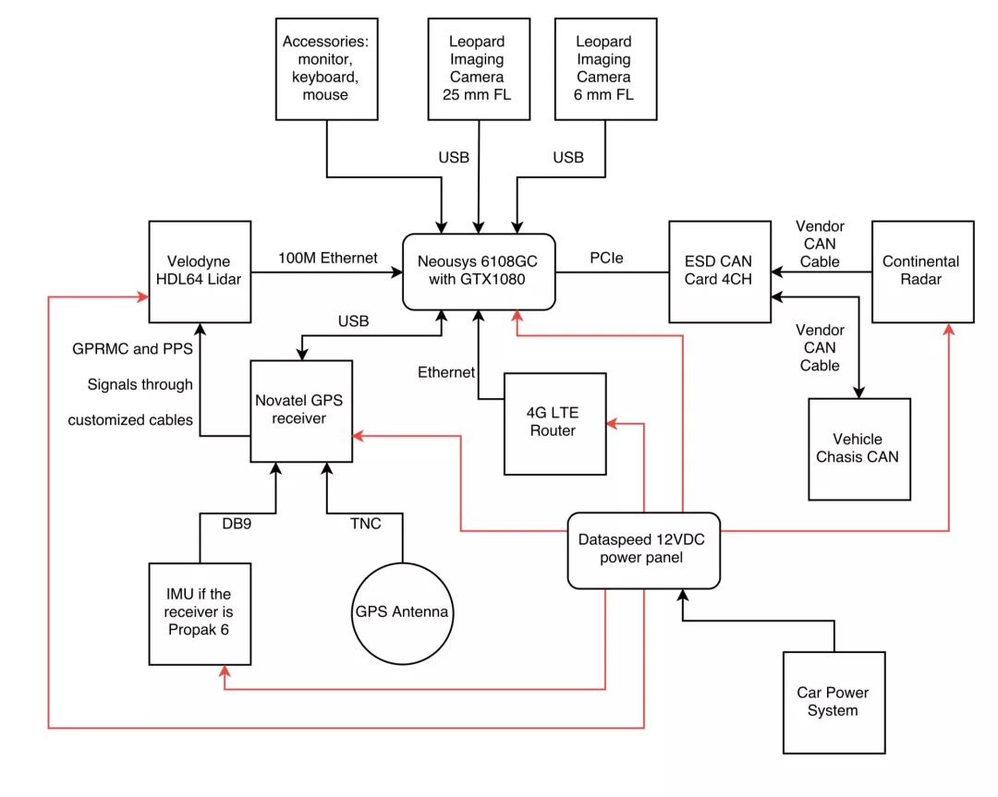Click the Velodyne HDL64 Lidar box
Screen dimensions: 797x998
[x=200, y=271]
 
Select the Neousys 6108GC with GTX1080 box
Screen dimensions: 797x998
[x=478, y=271]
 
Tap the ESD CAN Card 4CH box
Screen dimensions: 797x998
[x=720, y=271]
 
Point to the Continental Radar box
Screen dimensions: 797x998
[x=921, y=271]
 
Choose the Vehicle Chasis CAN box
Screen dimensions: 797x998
[x=858, y=448]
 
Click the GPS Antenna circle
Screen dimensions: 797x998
[x=402, y=612]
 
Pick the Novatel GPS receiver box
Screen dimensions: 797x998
[x=302, y=411]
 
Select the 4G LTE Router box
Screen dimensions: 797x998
[x=554, y=423]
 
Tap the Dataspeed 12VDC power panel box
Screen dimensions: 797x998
[x=643, y=549]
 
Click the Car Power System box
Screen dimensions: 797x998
[x=834, y=702]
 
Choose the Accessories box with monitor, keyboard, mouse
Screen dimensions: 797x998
[x=327, y=68]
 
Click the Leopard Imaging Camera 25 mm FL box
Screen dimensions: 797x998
[x=479, y=68]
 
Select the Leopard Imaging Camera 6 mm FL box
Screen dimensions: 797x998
[x=604, y=68]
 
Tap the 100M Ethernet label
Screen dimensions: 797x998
[x=327, y=258]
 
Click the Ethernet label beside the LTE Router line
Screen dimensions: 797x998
[x=446, y=372]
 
